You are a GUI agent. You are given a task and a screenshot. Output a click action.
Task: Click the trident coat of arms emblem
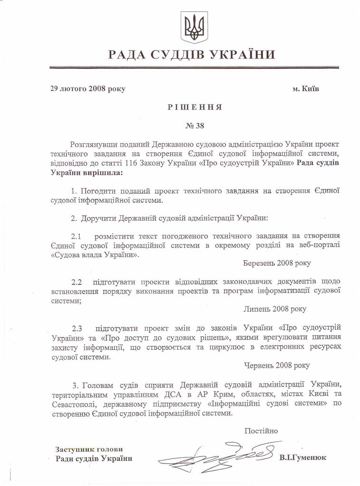point(195,27)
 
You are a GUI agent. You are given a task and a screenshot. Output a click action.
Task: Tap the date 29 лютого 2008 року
point(88,89)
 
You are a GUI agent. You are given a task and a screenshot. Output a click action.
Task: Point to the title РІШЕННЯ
point(195,107)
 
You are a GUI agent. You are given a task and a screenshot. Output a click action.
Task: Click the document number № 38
point(195,126)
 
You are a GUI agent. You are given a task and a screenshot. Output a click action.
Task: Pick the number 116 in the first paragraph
point(157,163)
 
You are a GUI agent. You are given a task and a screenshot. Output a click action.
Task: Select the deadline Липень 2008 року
point(275,309)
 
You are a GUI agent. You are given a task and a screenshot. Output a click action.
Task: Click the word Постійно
point(261,431)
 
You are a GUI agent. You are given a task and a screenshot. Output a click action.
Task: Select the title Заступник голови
point(89,449)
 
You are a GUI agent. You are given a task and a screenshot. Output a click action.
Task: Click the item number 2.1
point(77,236)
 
